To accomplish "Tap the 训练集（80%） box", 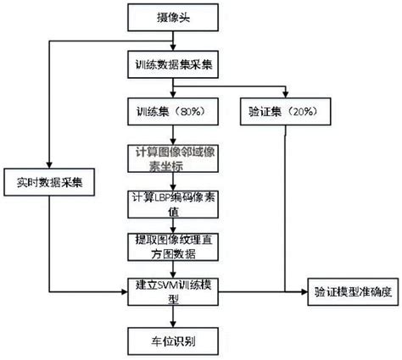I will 175,111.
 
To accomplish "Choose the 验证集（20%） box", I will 286,111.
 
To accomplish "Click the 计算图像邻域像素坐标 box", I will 175,159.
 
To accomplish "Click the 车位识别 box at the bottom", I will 175,341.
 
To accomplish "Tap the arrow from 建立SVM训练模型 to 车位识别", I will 175,318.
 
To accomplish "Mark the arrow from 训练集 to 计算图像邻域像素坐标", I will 175,134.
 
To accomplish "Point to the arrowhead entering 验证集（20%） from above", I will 286,96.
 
